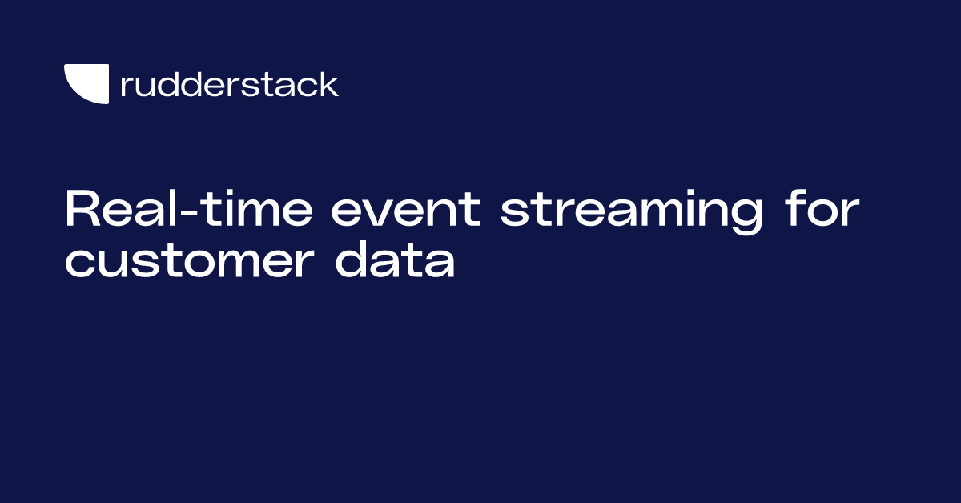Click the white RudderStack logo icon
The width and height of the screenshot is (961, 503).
pyautogui.click(x=86, y=83)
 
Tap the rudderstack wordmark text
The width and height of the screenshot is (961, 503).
pyautogui.click(x=229, y=84)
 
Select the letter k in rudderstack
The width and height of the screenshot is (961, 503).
pyautogui.click(x=329, y=83)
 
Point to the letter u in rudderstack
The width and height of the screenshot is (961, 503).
pyautogui.click(x=144, y=86)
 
